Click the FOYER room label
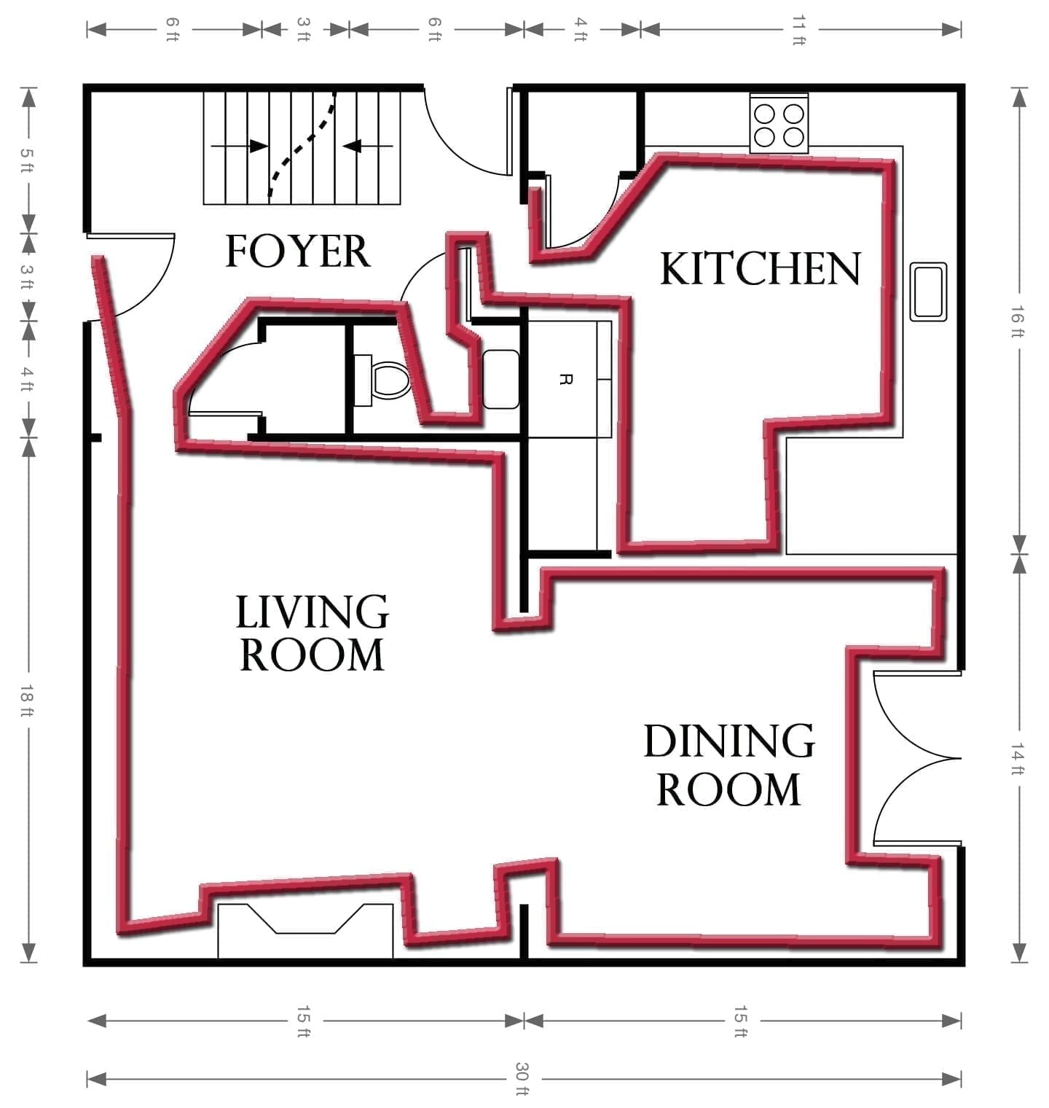[297, 251]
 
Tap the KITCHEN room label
[760, 268]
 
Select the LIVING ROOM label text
[312, 633]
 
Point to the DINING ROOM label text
[728, 765]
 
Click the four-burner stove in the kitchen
[779, 125]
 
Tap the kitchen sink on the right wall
[928, 292]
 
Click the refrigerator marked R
[562, 379]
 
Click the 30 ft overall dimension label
[522, 1079]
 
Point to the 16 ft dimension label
[1019, 321]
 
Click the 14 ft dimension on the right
[1019, 758]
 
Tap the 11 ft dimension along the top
[799, 29]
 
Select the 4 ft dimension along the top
[581, 29]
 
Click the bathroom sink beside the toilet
[500, 379]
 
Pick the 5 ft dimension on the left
[28, 160]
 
